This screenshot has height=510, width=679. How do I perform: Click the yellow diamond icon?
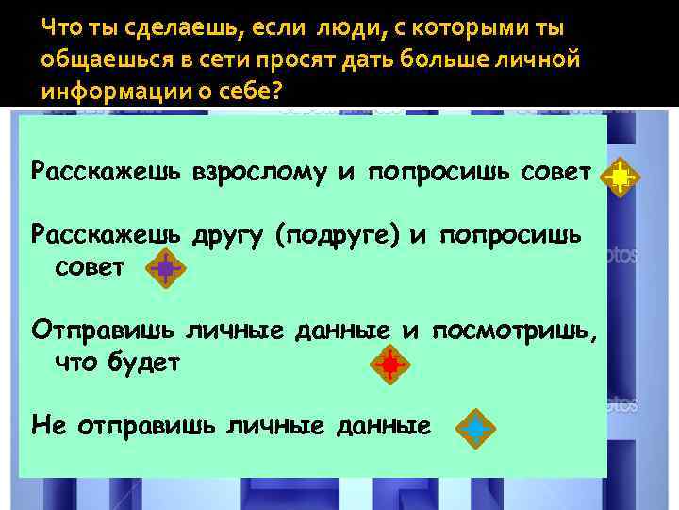(620, 176)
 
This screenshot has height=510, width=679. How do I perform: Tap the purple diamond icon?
(165, 269)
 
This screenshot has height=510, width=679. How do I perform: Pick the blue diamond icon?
(475, 428)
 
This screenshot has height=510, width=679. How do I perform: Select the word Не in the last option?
(46, 425)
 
